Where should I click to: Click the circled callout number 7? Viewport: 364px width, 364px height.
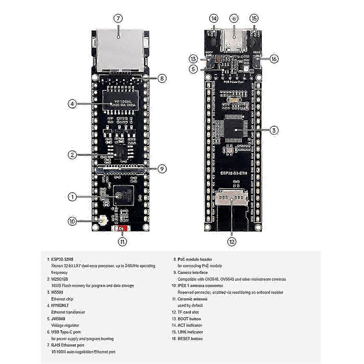pos(118,19)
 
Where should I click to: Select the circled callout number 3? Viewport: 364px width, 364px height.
pos(274,130)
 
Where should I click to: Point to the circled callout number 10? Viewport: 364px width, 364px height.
pos(72,221)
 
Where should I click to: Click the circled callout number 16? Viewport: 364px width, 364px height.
pos(274,59)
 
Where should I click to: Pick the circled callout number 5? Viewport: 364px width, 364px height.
pos(193,69)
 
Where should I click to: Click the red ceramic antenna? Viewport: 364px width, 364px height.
pos(121,229)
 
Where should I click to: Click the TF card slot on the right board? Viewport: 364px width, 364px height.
pos(232,199)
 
